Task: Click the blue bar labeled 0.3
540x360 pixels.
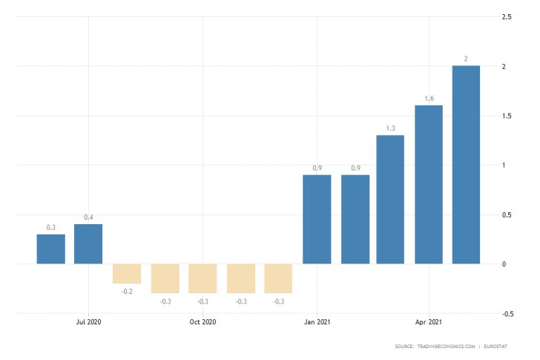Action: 51,249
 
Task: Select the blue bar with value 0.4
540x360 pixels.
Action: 88,243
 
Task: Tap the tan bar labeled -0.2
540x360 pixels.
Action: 127,273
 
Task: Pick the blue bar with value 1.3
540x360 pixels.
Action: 390,199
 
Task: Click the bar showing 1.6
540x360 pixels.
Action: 428,184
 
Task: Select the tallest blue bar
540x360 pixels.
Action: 466,164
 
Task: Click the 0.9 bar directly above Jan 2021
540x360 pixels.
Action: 317,219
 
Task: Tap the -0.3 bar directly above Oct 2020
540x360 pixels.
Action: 202,278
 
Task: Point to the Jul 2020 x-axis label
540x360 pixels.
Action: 88,322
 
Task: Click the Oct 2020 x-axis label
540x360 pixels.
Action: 202,322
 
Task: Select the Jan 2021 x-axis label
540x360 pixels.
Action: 317,322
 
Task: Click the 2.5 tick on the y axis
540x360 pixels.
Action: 507,16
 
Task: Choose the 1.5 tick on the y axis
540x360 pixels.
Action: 507,116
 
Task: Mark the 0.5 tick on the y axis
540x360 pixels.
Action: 507,215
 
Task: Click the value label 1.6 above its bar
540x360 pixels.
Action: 428,99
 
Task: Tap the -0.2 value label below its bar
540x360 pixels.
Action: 127,292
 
